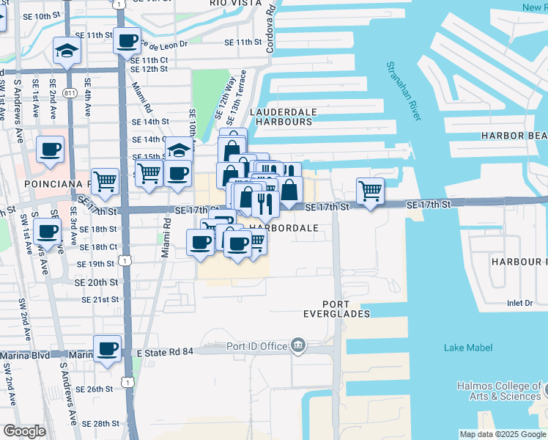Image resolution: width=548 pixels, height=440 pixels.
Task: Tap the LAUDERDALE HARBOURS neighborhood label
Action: coord(284,117)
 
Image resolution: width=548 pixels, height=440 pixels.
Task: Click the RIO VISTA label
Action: coord(235,3)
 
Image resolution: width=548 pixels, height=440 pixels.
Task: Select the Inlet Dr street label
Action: coord(521,303)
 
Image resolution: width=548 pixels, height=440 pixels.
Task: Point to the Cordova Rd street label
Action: coord(271,25)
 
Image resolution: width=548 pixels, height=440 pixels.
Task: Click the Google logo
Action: coord(24,431)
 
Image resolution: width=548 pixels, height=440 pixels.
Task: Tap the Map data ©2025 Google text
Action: coord(502,434)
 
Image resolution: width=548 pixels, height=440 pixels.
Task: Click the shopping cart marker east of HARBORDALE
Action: coord(371,191)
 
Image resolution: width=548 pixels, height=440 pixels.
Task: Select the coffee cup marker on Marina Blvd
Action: coord(107,348)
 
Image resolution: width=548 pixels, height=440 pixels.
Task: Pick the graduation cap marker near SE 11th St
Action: coord(67,51)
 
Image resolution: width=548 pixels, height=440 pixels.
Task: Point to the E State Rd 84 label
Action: coord(166,353)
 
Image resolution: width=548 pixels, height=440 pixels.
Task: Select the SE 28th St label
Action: coord(100,424)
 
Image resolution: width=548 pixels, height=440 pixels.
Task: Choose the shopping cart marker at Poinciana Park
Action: coord(105,180)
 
